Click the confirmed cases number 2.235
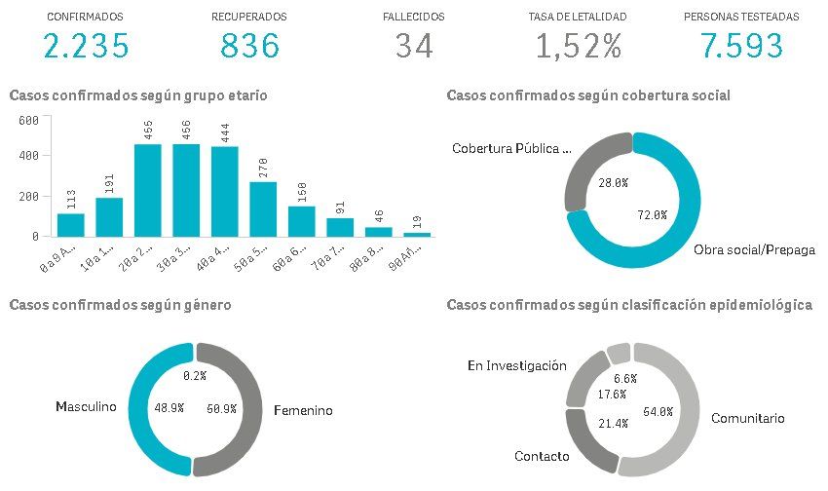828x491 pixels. tap(86, 46)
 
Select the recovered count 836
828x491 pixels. tap(249, 46)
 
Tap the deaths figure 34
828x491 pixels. tap(414, 46)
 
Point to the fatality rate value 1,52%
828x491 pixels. tap(578, 46)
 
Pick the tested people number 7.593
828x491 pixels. tap(741, 46)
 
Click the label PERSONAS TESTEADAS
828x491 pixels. tap(741, 18)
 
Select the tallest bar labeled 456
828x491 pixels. tap(186, 190)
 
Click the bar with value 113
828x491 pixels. tap(70, 224)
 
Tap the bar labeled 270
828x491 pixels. tap(263, 208)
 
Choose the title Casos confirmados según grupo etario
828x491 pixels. tap(138, 95)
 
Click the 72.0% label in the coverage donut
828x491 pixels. tap(652, 214)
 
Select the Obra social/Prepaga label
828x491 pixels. tap(754, 250)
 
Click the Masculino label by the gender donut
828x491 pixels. tap(87, 406)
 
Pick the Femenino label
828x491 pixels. tap(303, 410)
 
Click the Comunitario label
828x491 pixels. tap(747, 418)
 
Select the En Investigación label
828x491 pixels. tap(516, 366)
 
